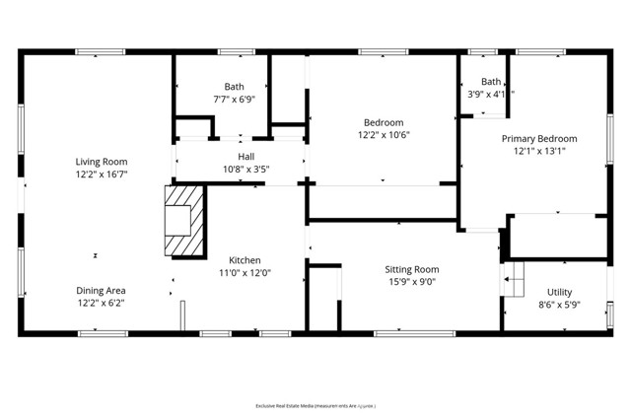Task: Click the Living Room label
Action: click(x=102, y=162)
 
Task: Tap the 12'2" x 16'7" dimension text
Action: click(x=102, y=174)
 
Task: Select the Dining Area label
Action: click(x=102, y=291)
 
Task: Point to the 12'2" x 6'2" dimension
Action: click(x=102, y=303)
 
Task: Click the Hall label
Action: click(x=246, y=157)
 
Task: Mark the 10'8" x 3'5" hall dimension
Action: click(x=246, y=169)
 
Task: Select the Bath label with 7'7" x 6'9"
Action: click(x=234, y=87)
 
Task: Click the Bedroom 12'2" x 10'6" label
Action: click(x=380, y=122)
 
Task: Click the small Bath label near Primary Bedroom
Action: click(x=490, y=82)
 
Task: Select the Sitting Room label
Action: click(x=411, y=269)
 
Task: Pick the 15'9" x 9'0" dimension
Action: click(x=411, y=281)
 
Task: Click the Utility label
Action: click(x=559, y=293)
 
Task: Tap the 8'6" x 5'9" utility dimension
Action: click(x=559, y=305)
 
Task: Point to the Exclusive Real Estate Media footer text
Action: click(x=315, y=405)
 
